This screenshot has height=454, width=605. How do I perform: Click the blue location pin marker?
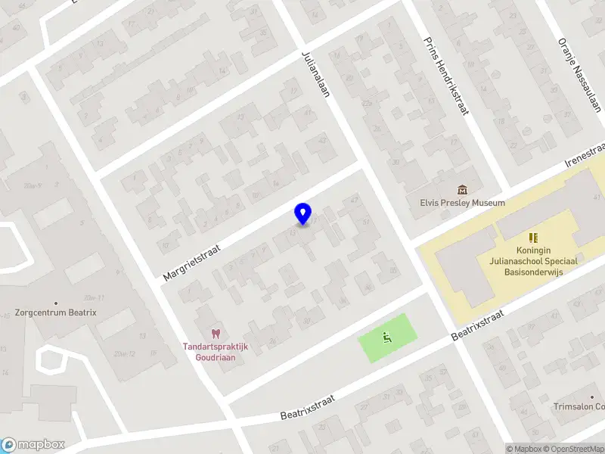[x=302, y=214]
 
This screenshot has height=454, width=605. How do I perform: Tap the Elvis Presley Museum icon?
[x=462, y=189]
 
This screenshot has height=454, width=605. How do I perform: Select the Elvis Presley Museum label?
[x=462, y=203]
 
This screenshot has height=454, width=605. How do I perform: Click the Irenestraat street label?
[x=586, y=154]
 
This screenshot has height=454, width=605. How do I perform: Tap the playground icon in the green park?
[x=387, y=337]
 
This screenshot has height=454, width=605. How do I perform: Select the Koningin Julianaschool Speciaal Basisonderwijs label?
[x=537, y=261]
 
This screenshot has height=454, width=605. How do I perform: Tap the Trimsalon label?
[x=579, y=406]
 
